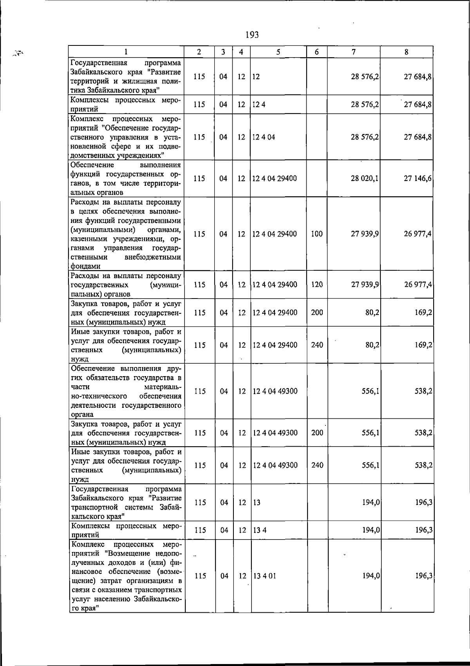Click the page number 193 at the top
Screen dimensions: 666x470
252,35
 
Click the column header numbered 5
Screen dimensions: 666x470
278,52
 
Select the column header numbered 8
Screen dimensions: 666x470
407,52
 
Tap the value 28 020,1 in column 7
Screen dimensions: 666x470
365,179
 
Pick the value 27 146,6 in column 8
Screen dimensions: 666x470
418,179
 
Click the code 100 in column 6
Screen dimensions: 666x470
316,234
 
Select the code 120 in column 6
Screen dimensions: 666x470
316,284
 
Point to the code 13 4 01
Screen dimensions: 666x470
264,576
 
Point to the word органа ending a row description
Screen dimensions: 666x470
82,414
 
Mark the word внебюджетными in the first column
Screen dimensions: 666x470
152,257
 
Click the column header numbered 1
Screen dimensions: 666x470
126,52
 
